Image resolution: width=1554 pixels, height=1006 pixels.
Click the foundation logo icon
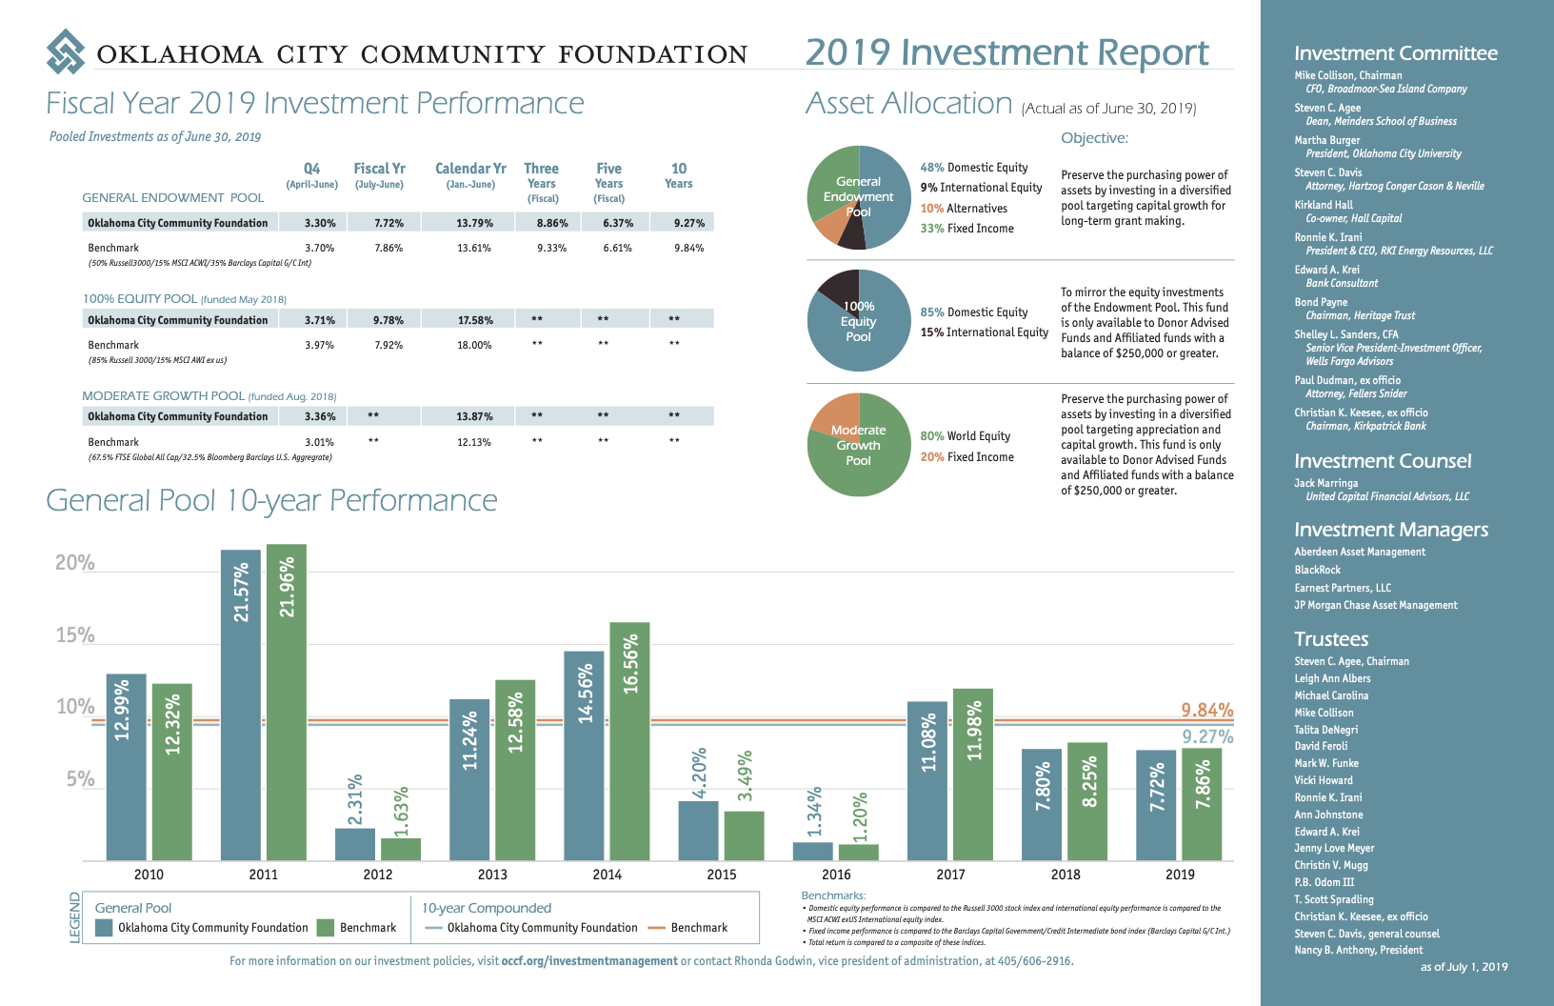pos(66,51)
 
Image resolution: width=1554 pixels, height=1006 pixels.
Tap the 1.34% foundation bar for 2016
pos(812,851)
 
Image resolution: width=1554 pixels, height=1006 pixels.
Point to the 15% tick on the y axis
pos(75,635)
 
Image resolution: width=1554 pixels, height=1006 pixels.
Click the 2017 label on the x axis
pos(950,875)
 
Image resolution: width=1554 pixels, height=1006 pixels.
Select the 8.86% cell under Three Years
pos(552,223)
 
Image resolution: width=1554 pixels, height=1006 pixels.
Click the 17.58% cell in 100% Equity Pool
pos(475,320)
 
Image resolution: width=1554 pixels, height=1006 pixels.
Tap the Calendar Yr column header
pos(470,169)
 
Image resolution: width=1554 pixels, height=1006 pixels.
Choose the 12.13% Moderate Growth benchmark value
pos(474,442)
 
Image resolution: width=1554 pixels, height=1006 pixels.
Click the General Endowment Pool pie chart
pos(859,197)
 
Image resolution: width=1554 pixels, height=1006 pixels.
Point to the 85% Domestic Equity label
pos(973,312)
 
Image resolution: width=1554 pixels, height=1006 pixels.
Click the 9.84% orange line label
pos(1206,710)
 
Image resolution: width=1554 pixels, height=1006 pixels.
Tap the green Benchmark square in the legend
pos(326,928)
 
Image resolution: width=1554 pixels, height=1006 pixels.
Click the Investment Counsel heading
pos(1383,461)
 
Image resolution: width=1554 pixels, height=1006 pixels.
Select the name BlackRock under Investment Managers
pos(1317,570)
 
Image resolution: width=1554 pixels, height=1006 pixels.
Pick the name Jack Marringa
pos(1325,483)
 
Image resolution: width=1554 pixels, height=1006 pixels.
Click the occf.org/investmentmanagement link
pos(589,961)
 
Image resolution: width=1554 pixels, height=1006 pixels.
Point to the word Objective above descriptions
pos(1094,138)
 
